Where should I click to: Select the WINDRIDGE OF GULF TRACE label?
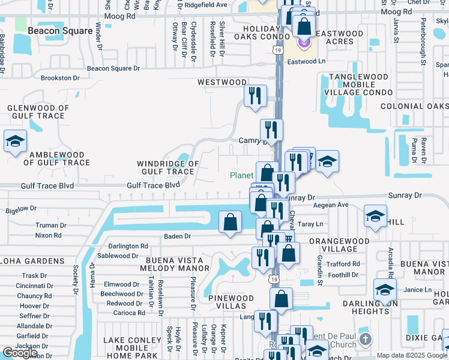pos(167,167)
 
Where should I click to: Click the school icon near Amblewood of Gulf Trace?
pos(15,142)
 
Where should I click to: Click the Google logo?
pos(20,353)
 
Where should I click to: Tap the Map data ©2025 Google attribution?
pos(412,355)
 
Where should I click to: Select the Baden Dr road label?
pos(177,236)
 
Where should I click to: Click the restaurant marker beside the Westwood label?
pos(255,96)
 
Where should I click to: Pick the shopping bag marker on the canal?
pos(231,223)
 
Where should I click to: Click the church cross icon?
pos(365,341)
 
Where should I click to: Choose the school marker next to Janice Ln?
pos(385,290)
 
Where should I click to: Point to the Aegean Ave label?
pos(334,205)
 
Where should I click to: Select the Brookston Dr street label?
pos(60,78)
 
